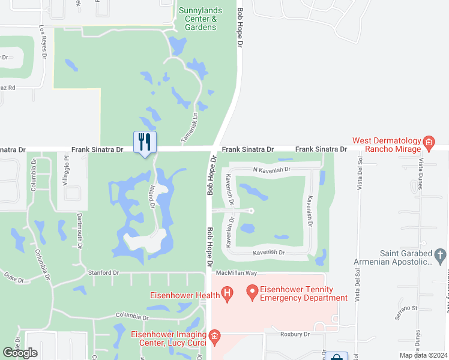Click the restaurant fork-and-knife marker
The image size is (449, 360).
(144, 142)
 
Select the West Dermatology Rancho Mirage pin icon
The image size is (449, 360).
(429, 143)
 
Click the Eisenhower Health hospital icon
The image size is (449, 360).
(227, 293)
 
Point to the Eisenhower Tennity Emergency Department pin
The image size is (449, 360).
(253, 293)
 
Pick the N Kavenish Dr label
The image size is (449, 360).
(271, 170)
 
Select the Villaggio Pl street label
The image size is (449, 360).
(67, 172)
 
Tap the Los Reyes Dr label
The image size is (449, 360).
(43, 42)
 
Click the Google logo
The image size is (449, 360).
(21, 353)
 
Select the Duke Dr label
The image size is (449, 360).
(13, 278)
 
